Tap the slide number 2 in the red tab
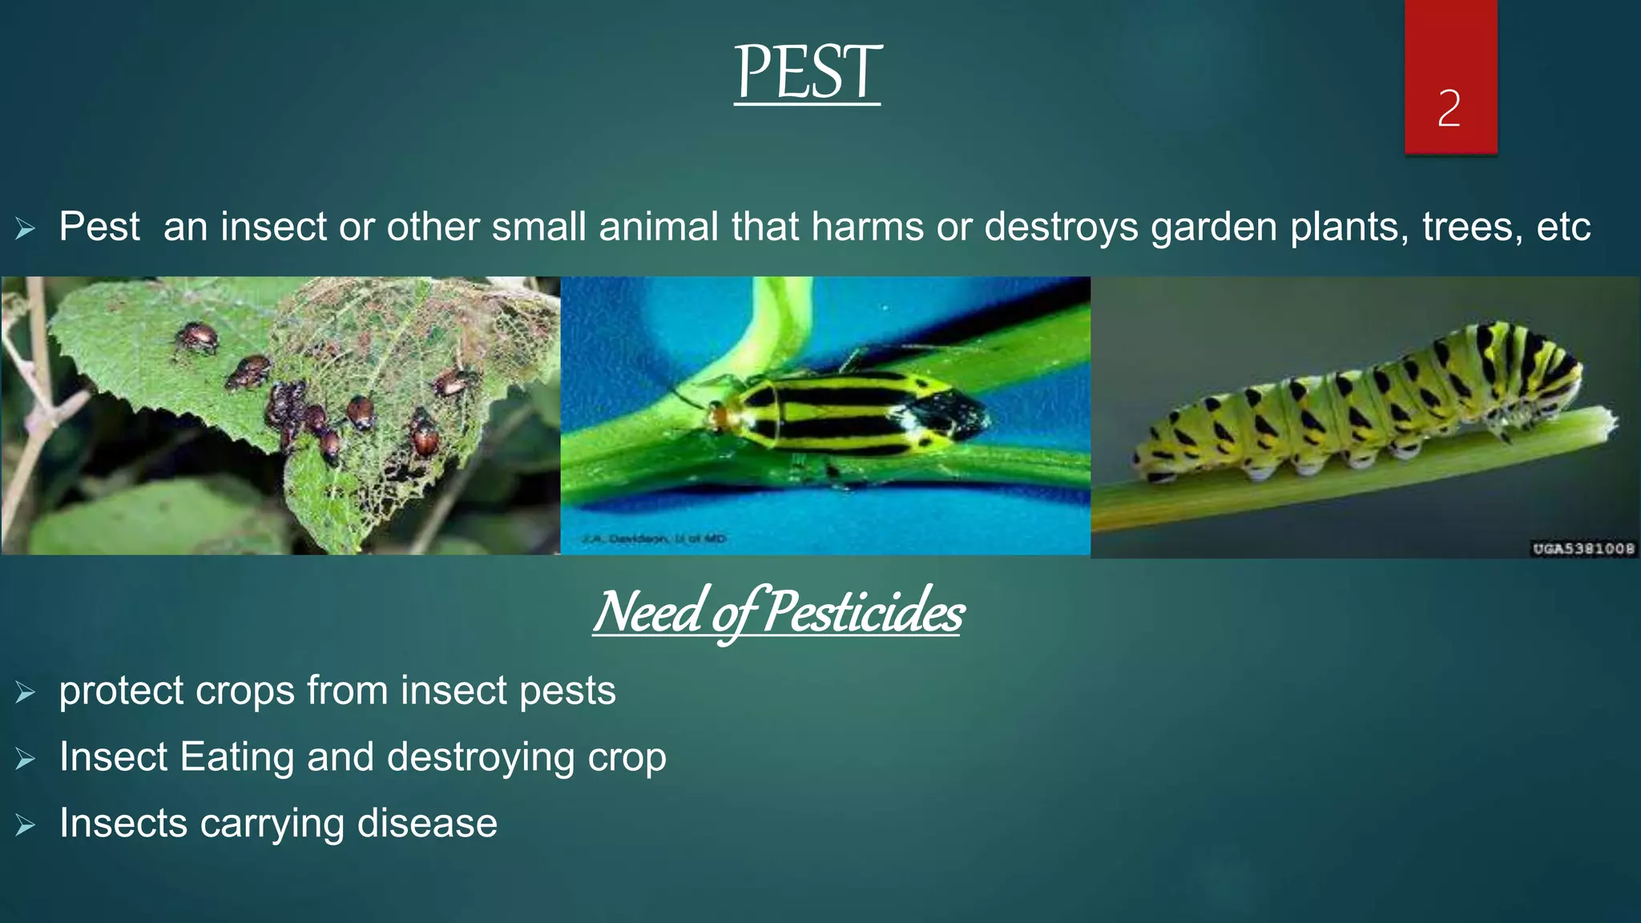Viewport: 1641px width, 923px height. pos(1449,108)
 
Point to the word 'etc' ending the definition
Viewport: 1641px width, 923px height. pos(1562,227)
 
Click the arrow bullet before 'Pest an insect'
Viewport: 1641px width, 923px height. pos(25,229)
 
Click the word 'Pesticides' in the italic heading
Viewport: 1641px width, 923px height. pos(863,612)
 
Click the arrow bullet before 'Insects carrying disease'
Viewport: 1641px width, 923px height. pos(25,825)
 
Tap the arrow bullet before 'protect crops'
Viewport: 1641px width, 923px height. pos(25,692)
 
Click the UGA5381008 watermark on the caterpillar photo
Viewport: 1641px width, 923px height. pos(1583,549)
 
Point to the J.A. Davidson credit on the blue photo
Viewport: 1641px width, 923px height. pos(653,539)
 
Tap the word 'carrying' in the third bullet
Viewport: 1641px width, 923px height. pos(272,824)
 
